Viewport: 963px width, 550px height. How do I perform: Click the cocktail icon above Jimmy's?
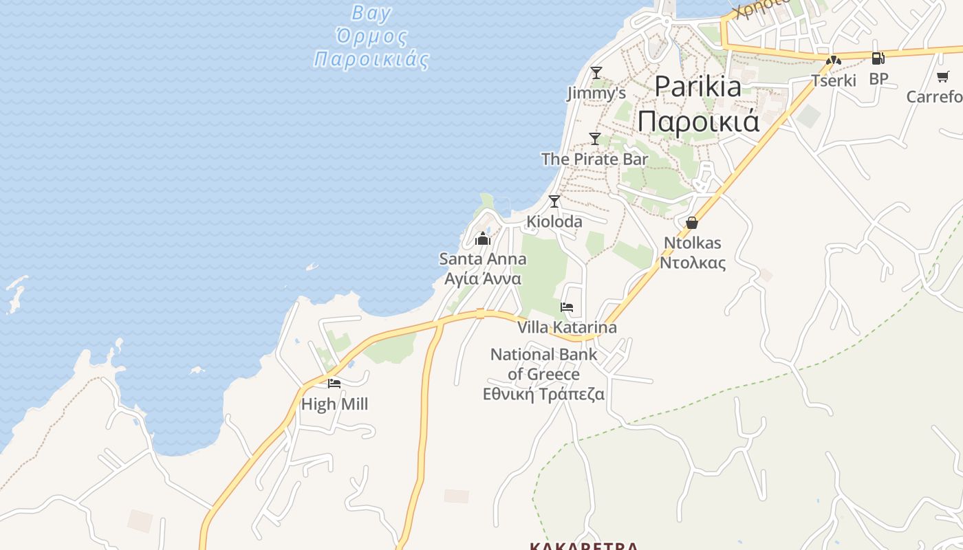596,72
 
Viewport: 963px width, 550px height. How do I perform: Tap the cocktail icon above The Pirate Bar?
595,138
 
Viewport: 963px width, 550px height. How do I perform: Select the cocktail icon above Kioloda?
554,201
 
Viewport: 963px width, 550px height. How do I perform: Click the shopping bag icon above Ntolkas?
692,223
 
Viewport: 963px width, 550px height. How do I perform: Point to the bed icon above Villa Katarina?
567,307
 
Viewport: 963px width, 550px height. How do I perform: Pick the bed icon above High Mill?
334,384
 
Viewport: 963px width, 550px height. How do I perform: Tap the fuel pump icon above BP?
878,58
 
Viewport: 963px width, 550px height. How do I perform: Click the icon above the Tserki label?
834,60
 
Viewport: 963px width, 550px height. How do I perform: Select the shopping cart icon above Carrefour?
942,76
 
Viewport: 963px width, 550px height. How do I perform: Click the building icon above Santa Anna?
483,239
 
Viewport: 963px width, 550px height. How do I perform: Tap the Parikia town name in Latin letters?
697,87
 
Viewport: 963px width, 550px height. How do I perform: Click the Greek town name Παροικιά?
698,121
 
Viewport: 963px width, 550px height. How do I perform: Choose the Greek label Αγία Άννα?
483,279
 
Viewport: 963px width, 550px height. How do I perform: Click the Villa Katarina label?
567,327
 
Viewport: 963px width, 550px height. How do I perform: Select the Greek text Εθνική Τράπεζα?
543,394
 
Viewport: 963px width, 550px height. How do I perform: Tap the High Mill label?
334,404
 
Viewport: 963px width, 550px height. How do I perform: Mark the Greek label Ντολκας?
693,263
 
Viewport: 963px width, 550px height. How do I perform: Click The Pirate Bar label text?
594,159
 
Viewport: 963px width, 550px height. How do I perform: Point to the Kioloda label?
554,221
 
